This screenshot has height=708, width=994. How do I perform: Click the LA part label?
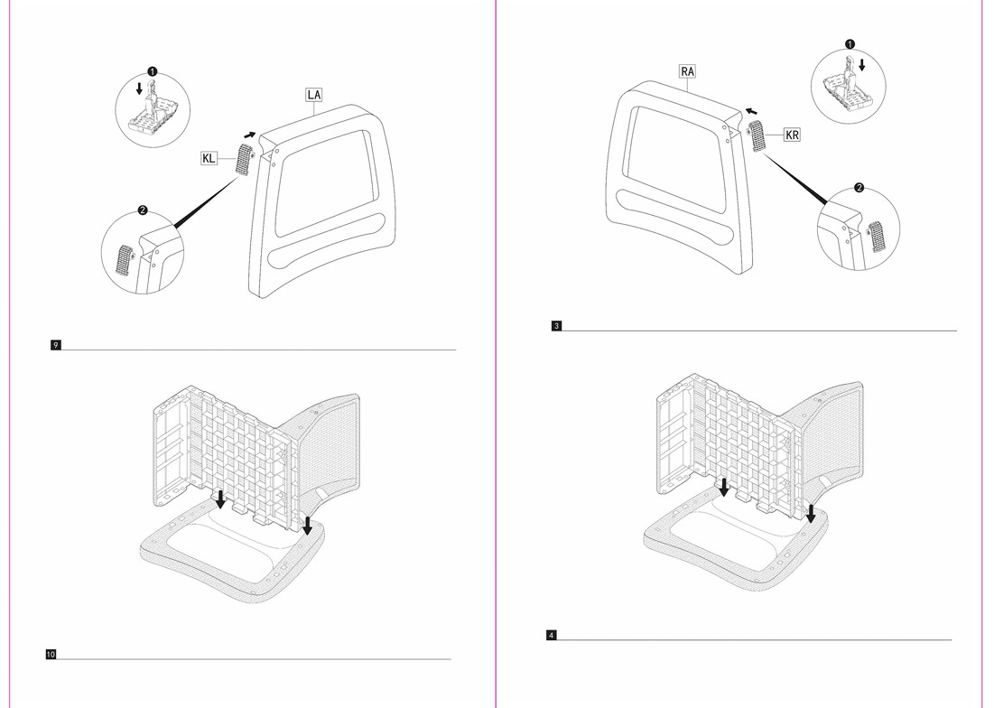[314, 95]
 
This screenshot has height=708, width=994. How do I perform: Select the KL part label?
[209, 158]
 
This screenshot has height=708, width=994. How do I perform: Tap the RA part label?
[687, 71]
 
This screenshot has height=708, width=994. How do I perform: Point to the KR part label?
[792, 135]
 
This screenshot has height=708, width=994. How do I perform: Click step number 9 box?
[56, 345]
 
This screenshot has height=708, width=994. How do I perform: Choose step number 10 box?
[51, 654]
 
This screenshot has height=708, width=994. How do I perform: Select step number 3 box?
[557, 326]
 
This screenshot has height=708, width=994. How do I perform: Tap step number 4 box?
[552, 635]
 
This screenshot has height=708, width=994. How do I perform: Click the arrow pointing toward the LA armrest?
[250, 135]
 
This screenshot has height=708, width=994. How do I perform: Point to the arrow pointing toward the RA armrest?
[751, 112]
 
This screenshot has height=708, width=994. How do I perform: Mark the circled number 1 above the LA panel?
[153, 71]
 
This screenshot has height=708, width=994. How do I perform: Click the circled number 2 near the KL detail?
[143, 210]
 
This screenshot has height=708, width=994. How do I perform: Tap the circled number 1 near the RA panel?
[850, 44]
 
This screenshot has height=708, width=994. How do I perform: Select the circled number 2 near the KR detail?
[859, 188]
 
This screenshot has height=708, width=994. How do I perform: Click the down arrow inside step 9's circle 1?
[139, 88]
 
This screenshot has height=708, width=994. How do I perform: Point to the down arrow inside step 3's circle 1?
[861, 65]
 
